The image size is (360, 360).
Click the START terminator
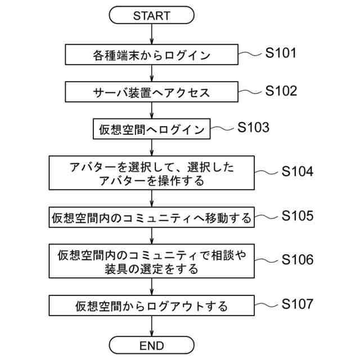tap(151, 15)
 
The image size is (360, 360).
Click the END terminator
tap(151, 344)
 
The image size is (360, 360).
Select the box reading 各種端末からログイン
tap(151, 55)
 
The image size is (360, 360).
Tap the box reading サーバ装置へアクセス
tap(151, 91)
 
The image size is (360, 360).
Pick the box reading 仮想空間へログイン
tap(151, 129)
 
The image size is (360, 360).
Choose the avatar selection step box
tap(151, 173)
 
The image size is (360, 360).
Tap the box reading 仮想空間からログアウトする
tap(151, 306)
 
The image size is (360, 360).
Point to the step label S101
tap(280, 54)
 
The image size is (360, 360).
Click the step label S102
tap(280, 91)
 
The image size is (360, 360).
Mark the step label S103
tap(253, 127)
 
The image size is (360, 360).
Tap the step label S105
tap(297, 215)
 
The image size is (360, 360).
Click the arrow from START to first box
tap(151, 35)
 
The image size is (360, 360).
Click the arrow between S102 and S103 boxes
tap(151, 110)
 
